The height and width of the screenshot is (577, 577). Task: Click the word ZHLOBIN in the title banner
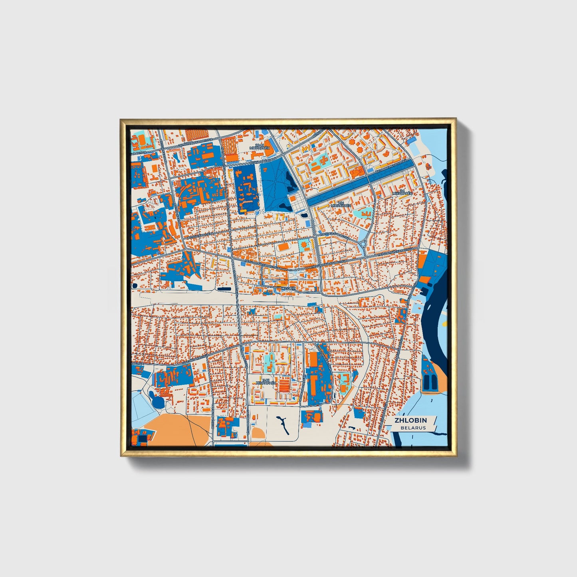pos(410,420)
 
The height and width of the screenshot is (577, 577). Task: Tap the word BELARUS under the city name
pos(413,428)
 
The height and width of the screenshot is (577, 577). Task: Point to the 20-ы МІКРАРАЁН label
pos(260,147)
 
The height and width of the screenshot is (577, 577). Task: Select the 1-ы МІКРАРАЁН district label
pos(343,204)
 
